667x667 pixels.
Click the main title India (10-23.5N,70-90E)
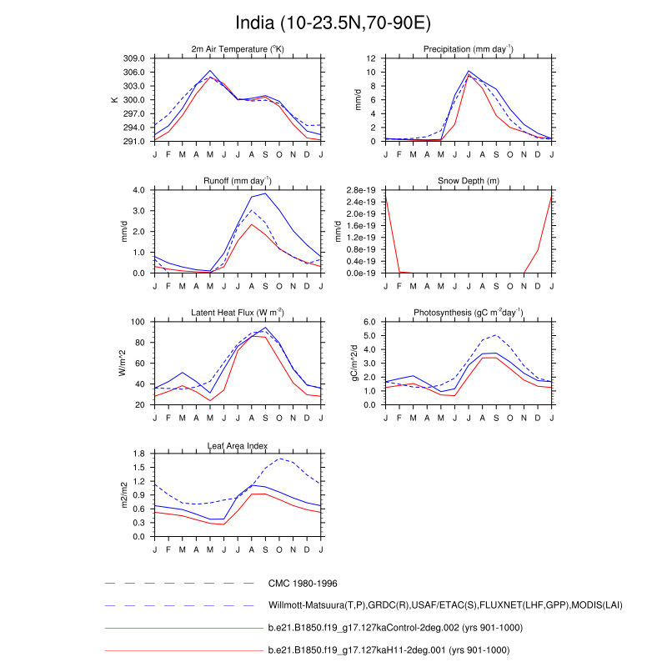coord(333,22)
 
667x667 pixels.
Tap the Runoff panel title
coord(238,181)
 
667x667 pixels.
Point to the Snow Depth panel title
coord(468,181)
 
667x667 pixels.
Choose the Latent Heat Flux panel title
coord(238,313)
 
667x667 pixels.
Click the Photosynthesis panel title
coord(468,313)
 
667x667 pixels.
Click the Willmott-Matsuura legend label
coord(445,604)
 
